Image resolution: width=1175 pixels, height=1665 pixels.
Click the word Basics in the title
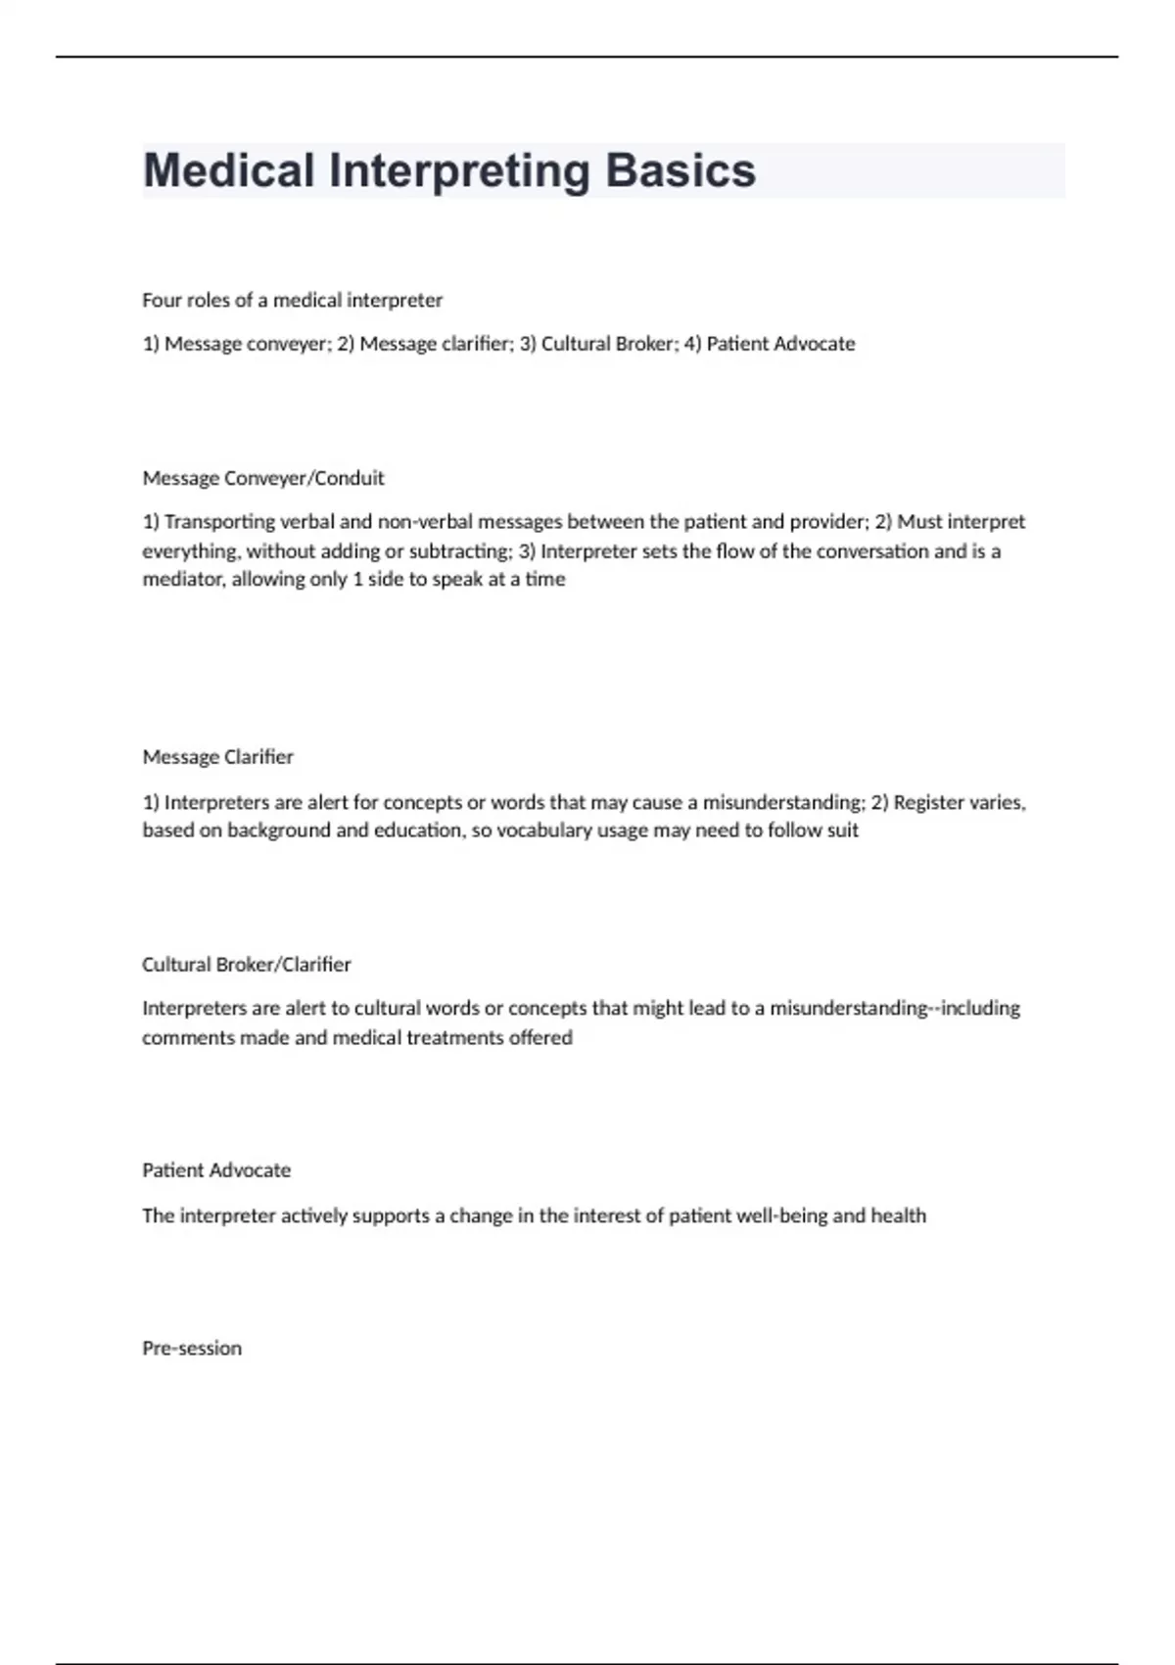[680, 170]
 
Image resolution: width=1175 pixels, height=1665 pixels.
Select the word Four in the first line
[162, 300]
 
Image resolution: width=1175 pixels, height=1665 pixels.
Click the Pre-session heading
[192, 1348]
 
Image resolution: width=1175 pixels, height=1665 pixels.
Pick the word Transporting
[219, 522]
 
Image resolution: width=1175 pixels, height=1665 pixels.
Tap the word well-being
[779, 1215]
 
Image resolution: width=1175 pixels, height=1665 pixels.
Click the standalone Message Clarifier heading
[217, 757]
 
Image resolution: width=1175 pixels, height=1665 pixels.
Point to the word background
[274, 831]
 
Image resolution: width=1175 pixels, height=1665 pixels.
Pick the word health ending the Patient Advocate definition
[898, 1215]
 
